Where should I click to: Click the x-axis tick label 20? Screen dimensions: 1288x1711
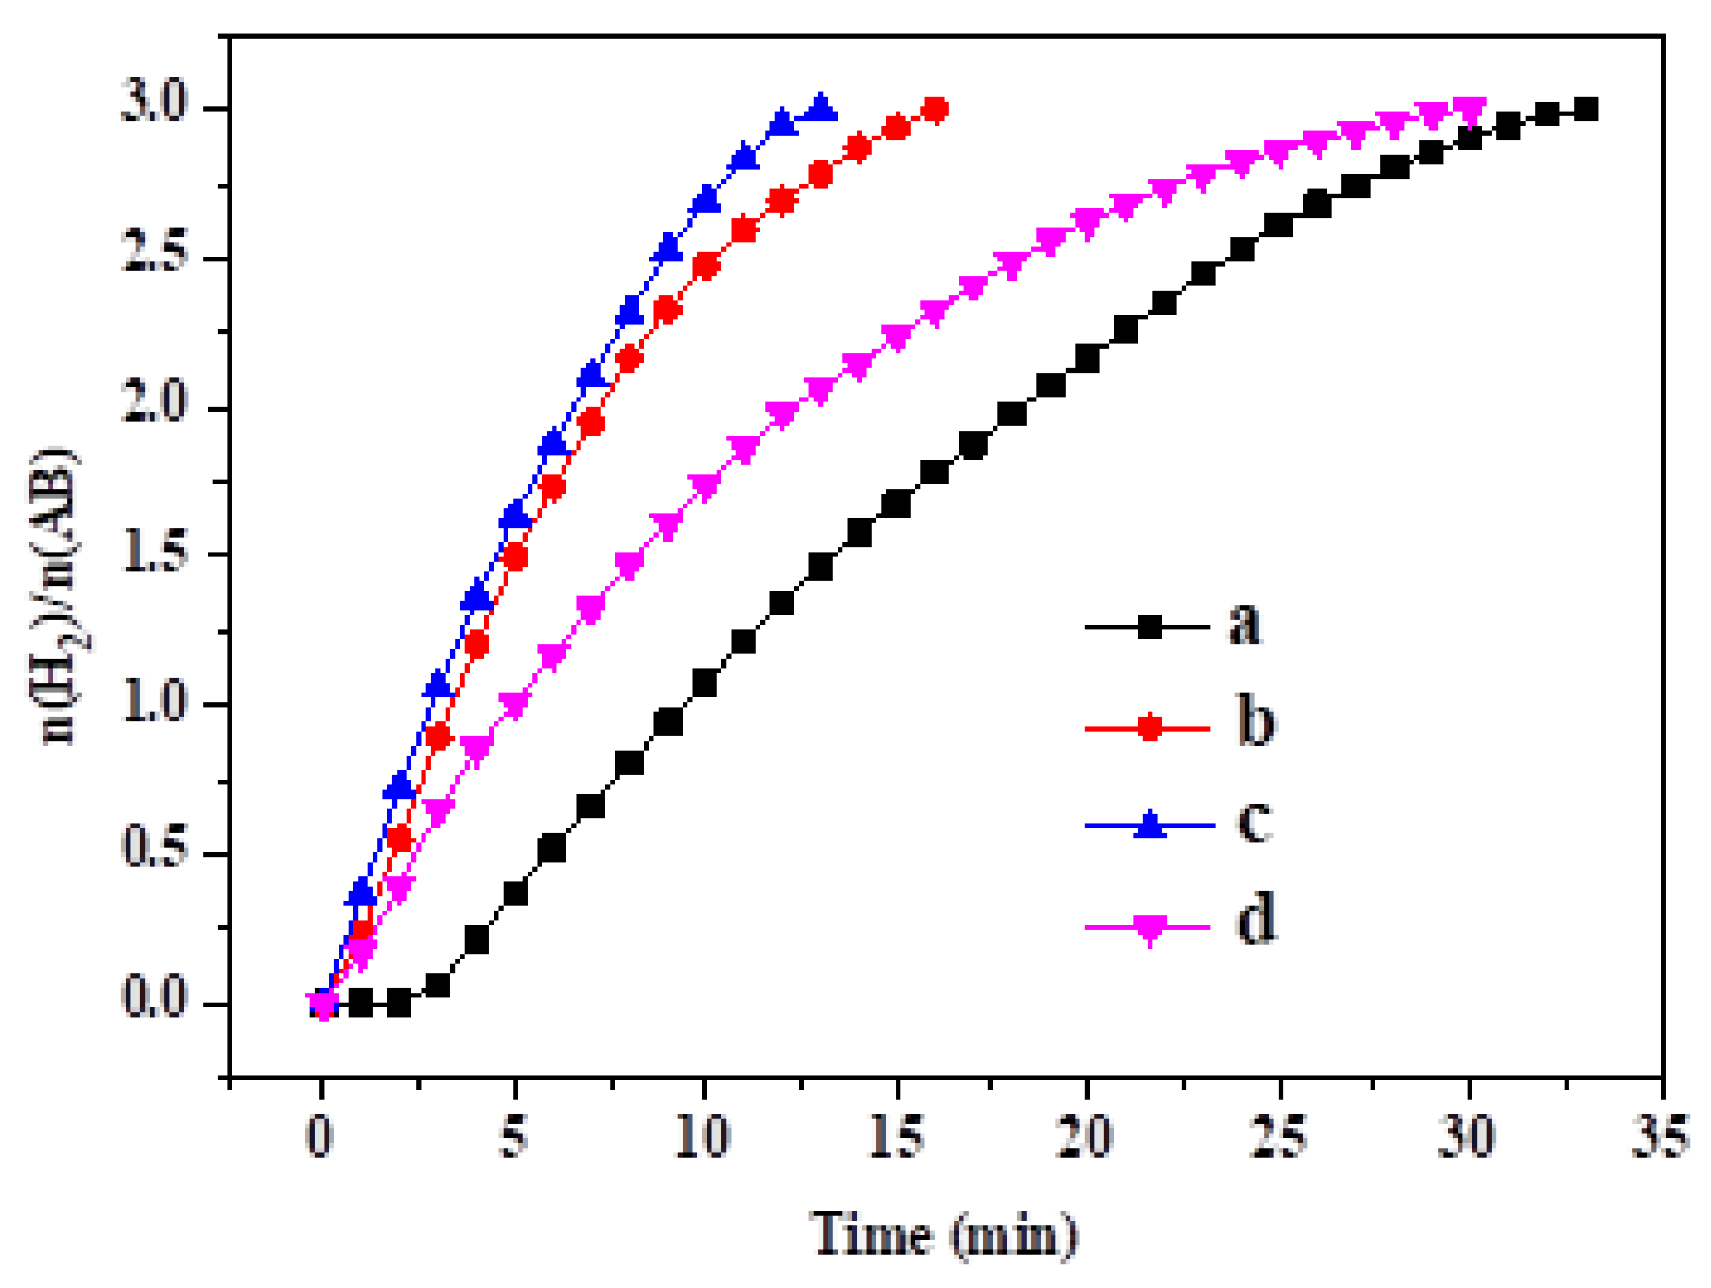tap(1084, 1137)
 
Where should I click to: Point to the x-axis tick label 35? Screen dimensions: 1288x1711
tap(1659, 1137)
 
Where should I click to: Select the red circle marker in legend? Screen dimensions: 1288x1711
tap(1150, 728)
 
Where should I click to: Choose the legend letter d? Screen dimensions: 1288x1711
tap(1255, 918)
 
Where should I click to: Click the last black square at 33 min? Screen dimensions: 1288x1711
tap(1585, 109)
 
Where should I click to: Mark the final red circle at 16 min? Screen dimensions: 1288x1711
tap(935, 109)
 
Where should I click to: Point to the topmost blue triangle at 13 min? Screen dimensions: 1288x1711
tap(821, 107)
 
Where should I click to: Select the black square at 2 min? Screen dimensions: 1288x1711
tap(399, 1004)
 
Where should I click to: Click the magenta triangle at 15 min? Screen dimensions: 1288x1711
tap(897, 336)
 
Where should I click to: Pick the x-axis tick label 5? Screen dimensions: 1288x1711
tap(513, 1137)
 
